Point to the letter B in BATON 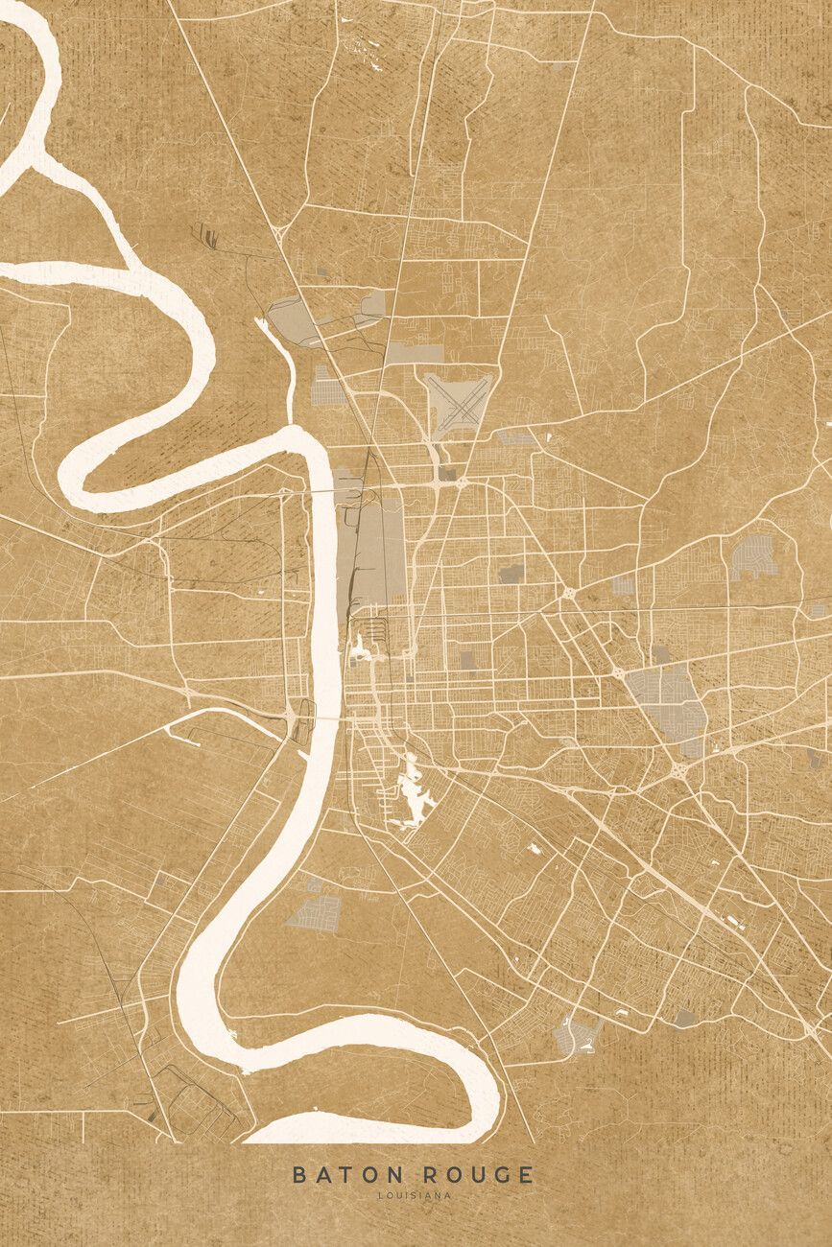click(298, 1174)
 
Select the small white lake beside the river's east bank click(362, 650)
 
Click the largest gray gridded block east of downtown click(667, 700)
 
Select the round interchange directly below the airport click(461, 480)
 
